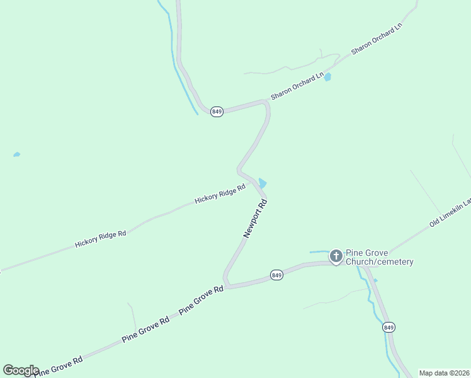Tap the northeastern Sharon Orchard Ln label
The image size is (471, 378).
(377, 40)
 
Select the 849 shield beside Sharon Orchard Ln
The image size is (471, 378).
(217, 112)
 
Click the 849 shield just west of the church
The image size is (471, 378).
(276, 275)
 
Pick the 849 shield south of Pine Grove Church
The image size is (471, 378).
(389, 327)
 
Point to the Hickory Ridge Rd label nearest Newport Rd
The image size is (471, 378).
(220, 195)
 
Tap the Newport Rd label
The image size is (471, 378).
(256, 219)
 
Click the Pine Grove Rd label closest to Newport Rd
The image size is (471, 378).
(201, 300)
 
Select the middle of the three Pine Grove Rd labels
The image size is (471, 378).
(146, 328)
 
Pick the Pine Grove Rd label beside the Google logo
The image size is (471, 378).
(60, 365)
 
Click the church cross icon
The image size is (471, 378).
(336, 256)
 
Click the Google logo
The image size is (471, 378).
(21, 370)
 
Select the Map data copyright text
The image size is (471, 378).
(444, 373)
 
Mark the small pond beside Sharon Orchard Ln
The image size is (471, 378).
(327, 76)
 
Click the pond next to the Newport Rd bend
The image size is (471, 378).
(263, 183)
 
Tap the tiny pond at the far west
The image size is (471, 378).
(16, 154)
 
